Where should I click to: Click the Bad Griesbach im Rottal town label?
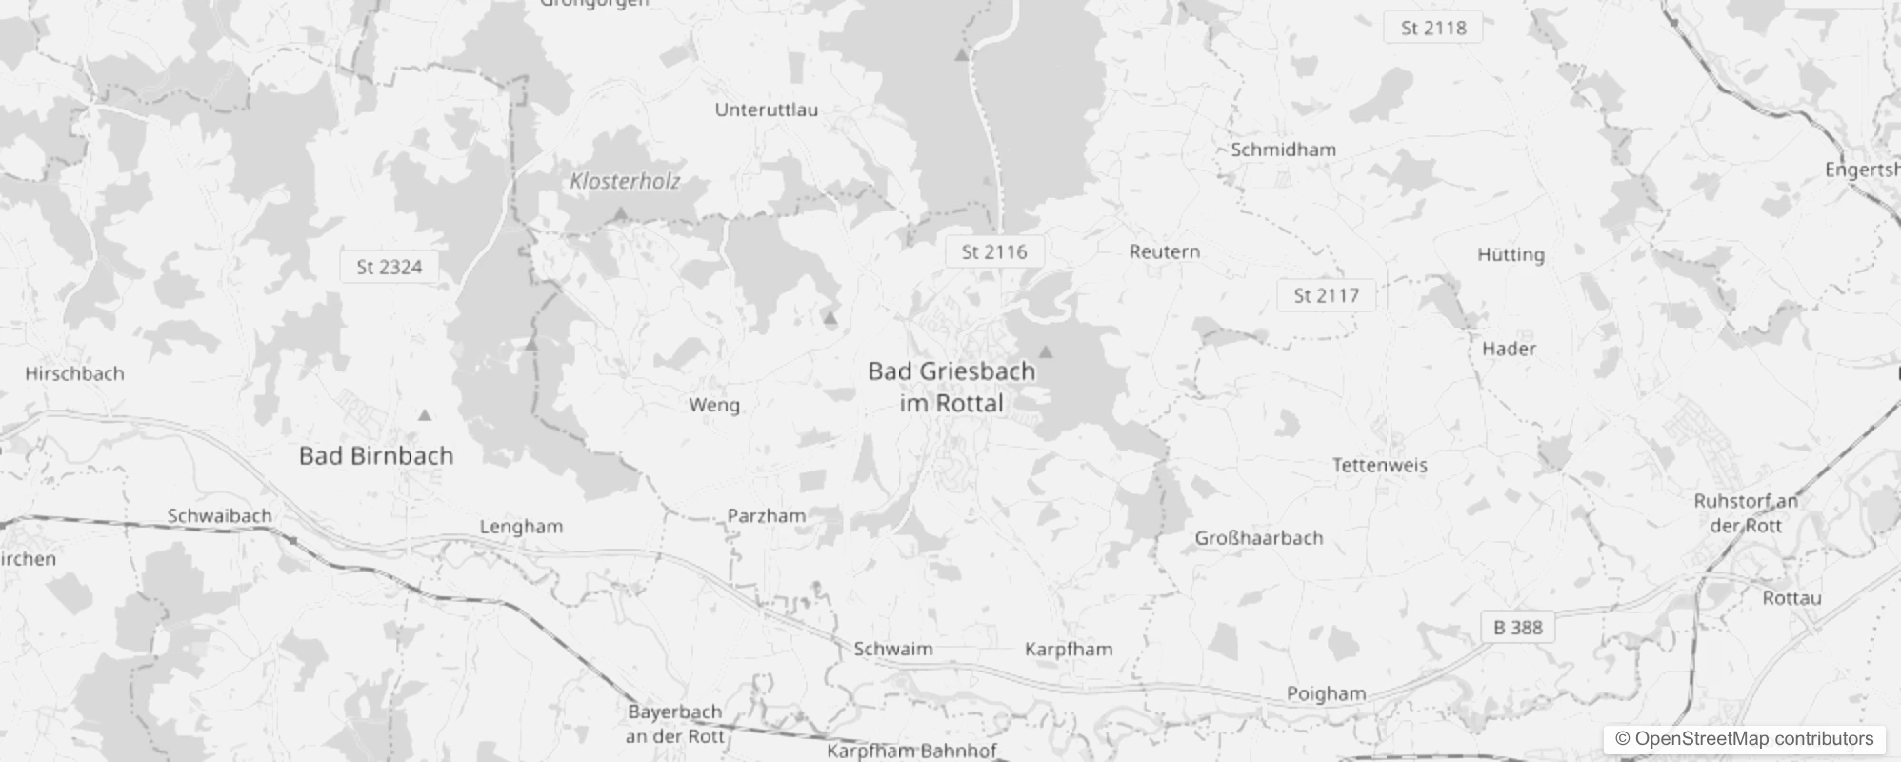950,387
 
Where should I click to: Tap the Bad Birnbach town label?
376,455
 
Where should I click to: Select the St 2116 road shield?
994,251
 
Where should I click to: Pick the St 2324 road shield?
389,267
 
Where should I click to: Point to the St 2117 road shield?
1326,295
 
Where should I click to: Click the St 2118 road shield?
1432,28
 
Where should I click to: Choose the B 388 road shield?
1517,627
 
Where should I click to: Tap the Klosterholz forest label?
625,181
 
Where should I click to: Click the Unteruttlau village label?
766,110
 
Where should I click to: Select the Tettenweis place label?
1379,465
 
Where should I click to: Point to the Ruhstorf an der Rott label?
1746,512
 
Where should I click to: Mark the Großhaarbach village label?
1259,537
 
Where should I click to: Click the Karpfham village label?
1068,649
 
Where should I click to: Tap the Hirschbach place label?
74,373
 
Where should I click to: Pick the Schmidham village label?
1283,150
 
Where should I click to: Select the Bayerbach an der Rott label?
674,724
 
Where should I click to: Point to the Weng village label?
713,405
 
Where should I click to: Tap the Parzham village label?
766,515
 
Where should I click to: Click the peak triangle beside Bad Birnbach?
425,415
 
